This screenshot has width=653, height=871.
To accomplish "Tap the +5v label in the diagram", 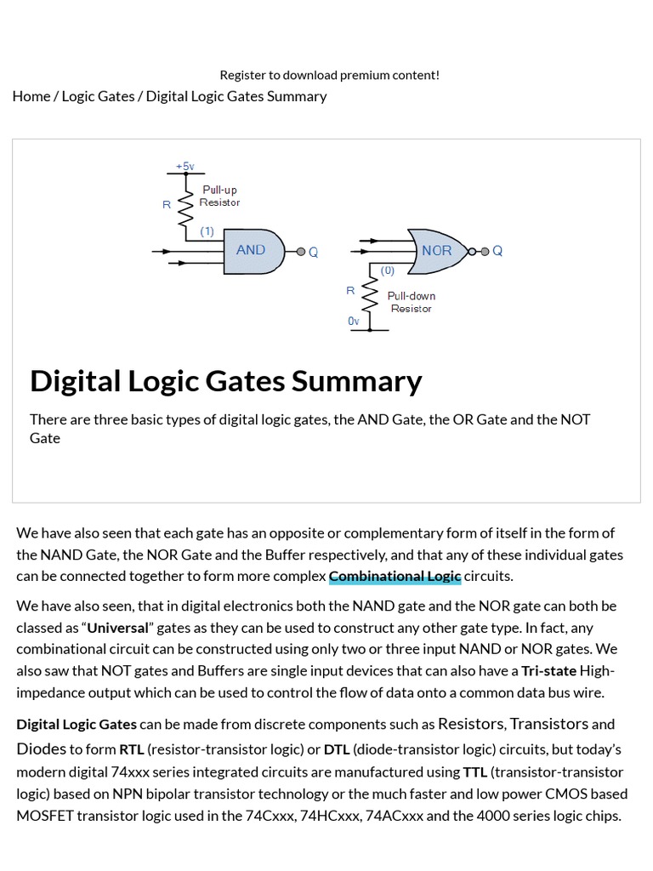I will (185, 166).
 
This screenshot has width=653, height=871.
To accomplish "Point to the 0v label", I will (354, 321).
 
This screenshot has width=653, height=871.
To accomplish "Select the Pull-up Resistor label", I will (219, 196).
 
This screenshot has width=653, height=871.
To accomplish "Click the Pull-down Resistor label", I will (412, 302).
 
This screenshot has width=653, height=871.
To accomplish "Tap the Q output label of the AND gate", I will (313, 252).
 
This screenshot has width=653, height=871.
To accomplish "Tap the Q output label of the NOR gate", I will (497, 251).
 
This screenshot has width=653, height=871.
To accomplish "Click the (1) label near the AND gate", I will (207, 231).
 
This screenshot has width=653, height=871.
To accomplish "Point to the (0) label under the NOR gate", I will (387, 270).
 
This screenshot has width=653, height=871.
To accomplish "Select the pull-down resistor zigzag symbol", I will (370, 297).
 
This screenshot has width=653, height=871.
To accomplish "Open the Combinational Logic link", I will (395, 576).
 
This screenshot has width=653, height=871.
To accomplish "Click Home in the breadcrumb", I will (31, 96).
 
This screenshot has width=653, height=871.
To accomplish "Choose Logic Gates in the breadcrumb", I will (98, 96).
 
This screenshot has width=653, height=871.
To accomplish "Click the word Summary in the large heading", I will (356, 381).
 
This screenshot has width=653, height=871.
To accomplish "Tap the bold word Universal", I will (117, 628).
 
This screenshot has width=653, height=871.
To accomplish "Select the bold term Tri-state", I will (548, 670).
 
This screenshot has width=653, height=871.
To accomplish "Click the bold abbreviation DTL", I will (337, 749).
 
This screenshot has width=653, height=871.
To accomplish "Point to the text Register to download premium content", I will (330, 75).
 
